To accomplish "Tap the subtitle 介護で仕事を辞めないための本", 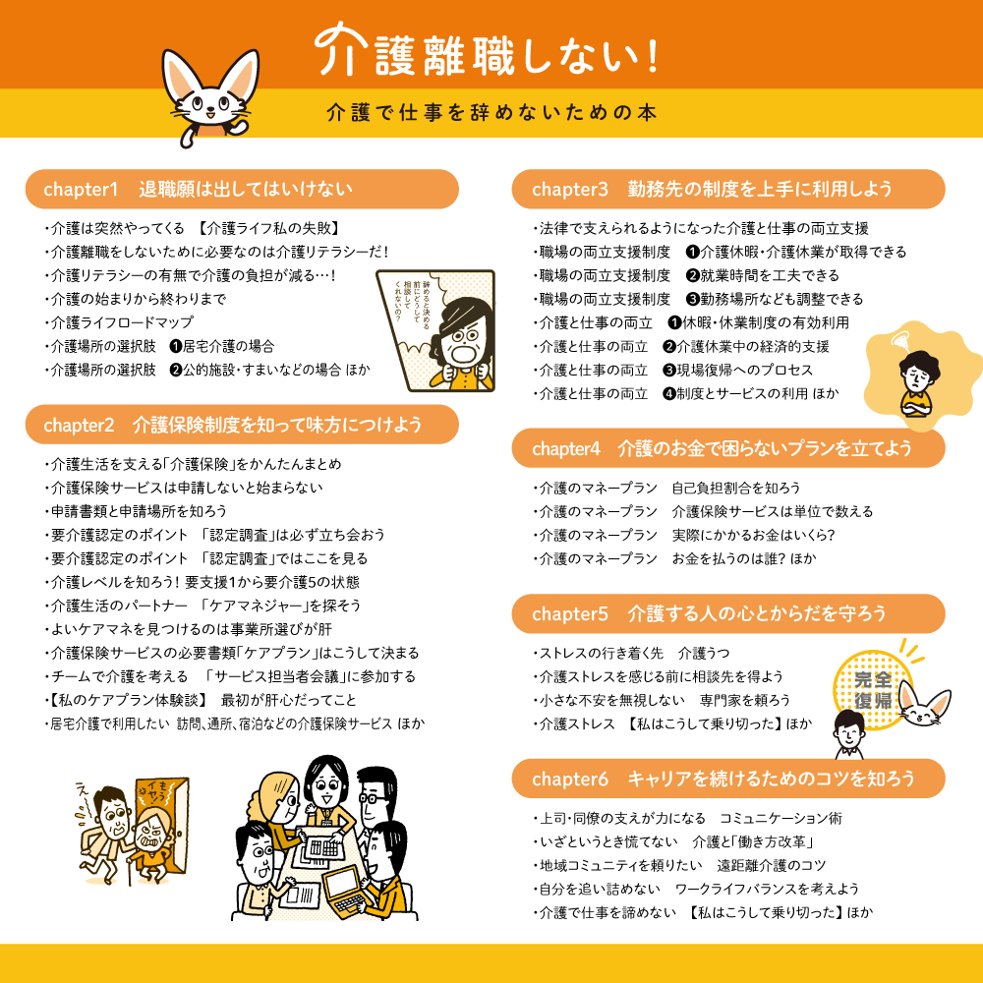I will pyautogui.click(x=491, y=112).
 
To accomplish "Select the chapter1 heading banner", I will pyautogui.click(x=241, y=189).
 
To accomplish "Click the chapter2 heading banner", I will pyautogui.click(x=241, y=425).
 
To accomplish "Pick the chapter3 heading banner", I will pyautogui.click(x=727, y=189).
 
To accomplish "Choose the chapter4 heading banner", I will pyautogui.click(x=727, y=448).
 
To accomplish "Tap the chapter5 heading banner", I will pyautogui.click(x=727, y=613).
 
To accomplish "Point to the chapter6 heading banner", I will pyautogui.click(x=727, y=779).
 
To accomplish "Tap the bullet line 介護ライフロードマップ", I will pyautogui.click(x=122, y=322).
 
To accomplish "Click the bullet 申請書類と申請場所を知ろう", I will pyautogui.click(x=138, y=511).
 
